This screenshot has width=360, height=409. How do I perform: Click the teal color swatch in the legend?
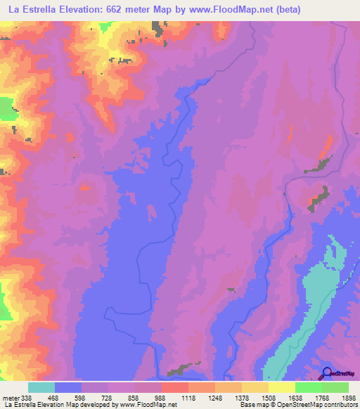coord(41,387)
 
